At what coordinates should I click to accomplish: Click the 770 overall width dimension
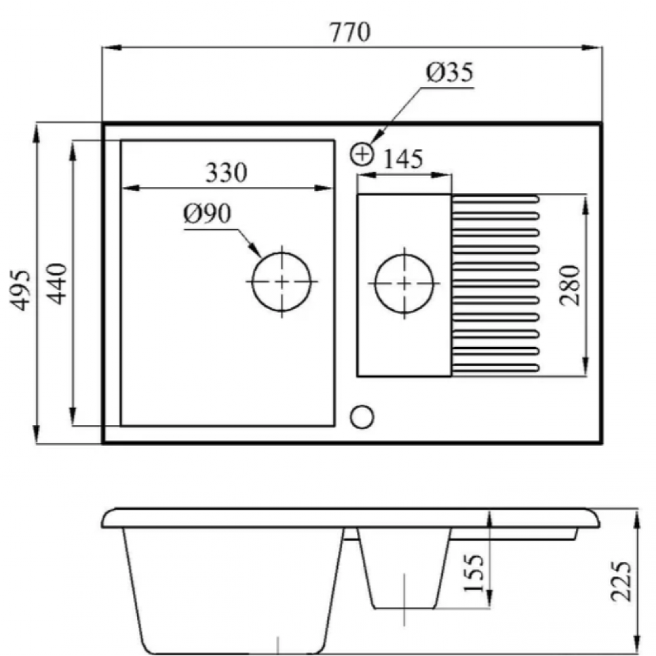[350, 32]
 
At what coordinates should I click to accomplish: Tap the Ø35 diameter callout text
[450, 72]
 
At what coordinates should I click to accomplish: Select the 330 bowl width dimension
[226, 173]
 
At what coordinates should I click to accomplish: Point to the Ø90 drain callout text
[207, 213]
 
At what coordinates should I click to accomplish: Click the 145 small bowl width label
[403, 159]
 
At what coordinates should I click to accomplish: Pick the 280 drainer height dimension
[571, 285]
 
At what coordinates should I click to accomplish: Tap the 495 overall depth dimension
[20, 291]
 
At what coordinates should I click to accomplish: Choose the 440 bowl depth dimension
[56, 283]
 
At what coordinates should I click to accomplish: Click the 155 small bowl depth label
[474, 573]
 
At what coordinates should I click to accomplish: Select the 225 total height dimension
[621, 581]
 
